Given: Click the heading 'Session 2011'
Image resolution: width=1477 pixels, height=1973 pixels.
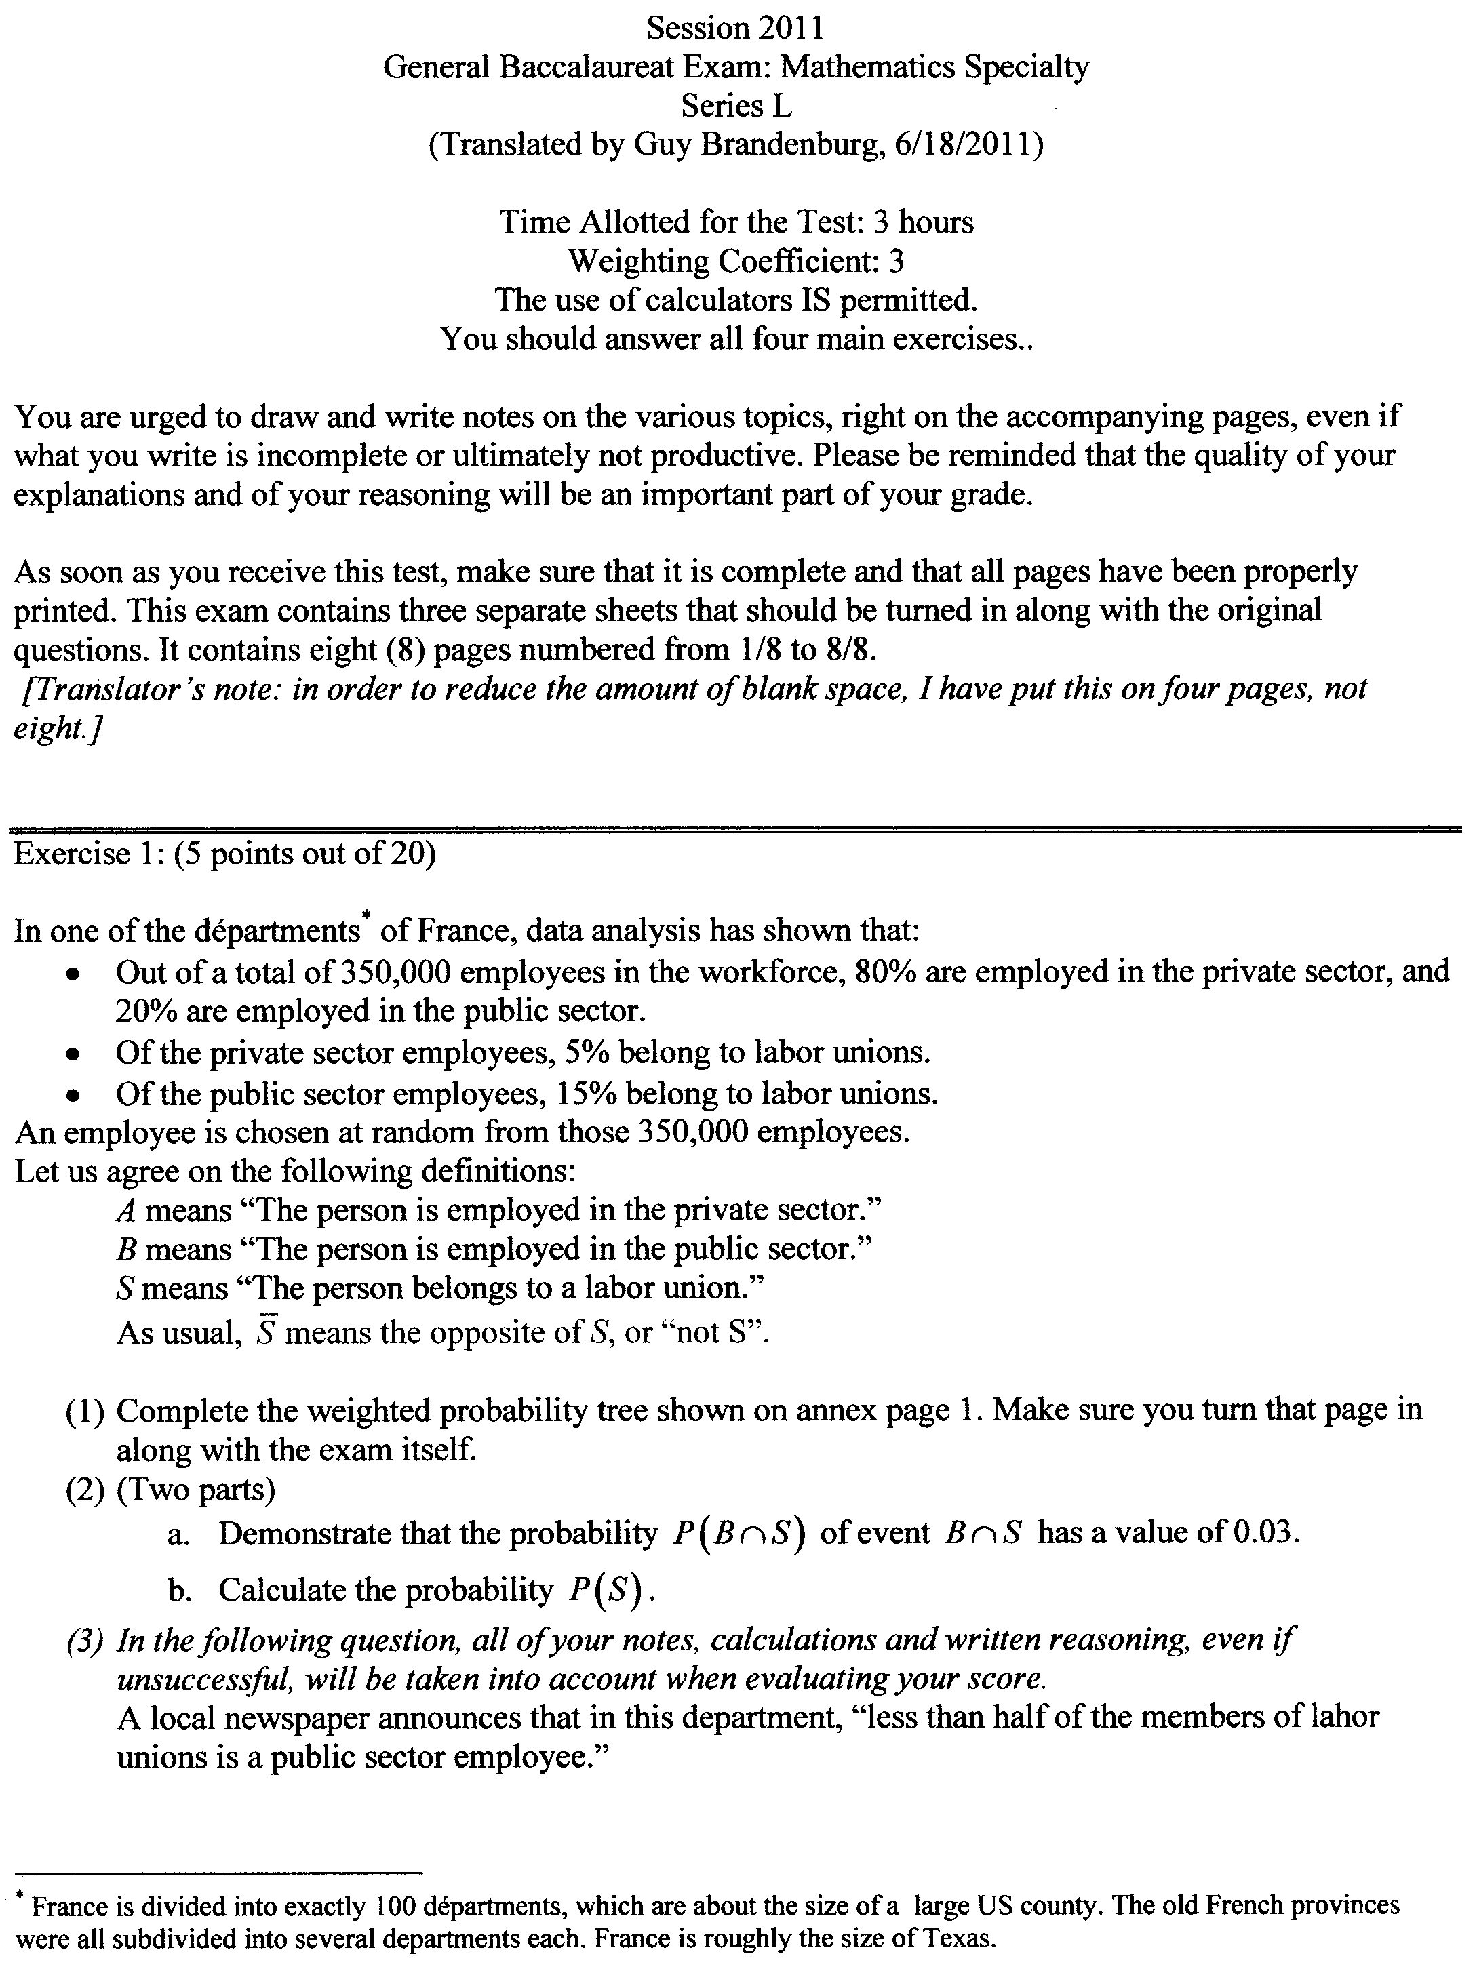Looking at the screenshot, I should point(735,28).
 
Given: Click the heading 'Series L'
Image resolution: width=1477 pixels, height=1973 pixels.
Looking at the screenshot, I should point(736,106).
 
